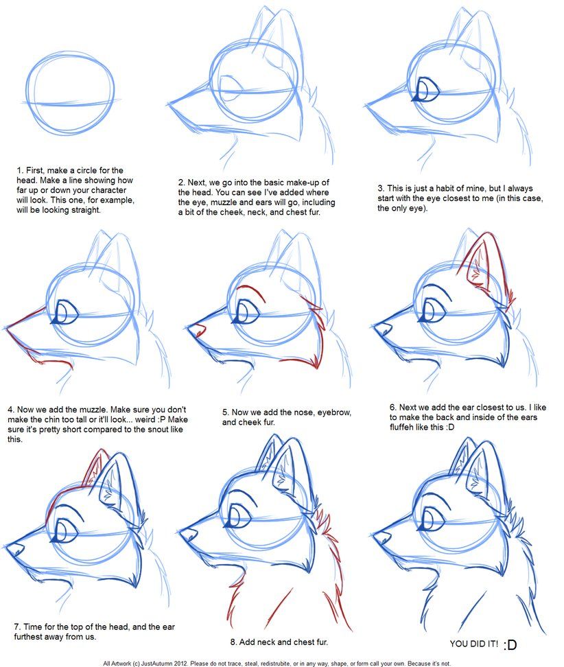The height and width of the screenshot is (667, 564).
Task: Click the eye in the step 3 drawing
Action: point(429,90)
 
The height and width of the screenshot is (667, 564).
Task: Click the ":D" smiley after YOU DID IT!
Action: point(510,645)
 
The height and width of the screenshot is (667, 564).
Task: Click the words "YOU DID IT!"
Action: point(473,644)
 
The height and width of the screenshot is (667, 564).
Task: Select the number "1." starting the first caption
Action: point(21,170)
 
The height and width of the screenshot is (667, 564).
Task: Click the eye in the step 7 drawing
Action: point(66,530)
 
